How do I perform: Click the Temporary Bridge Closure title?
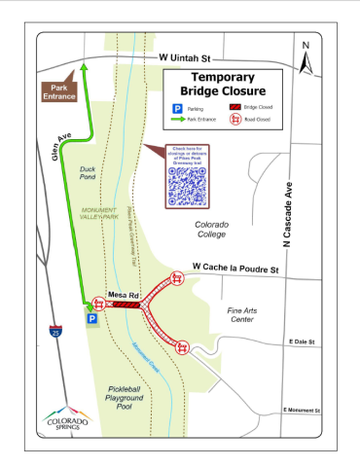(x=223, y=84)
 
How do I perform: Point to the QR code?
(x=188, y=184)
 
